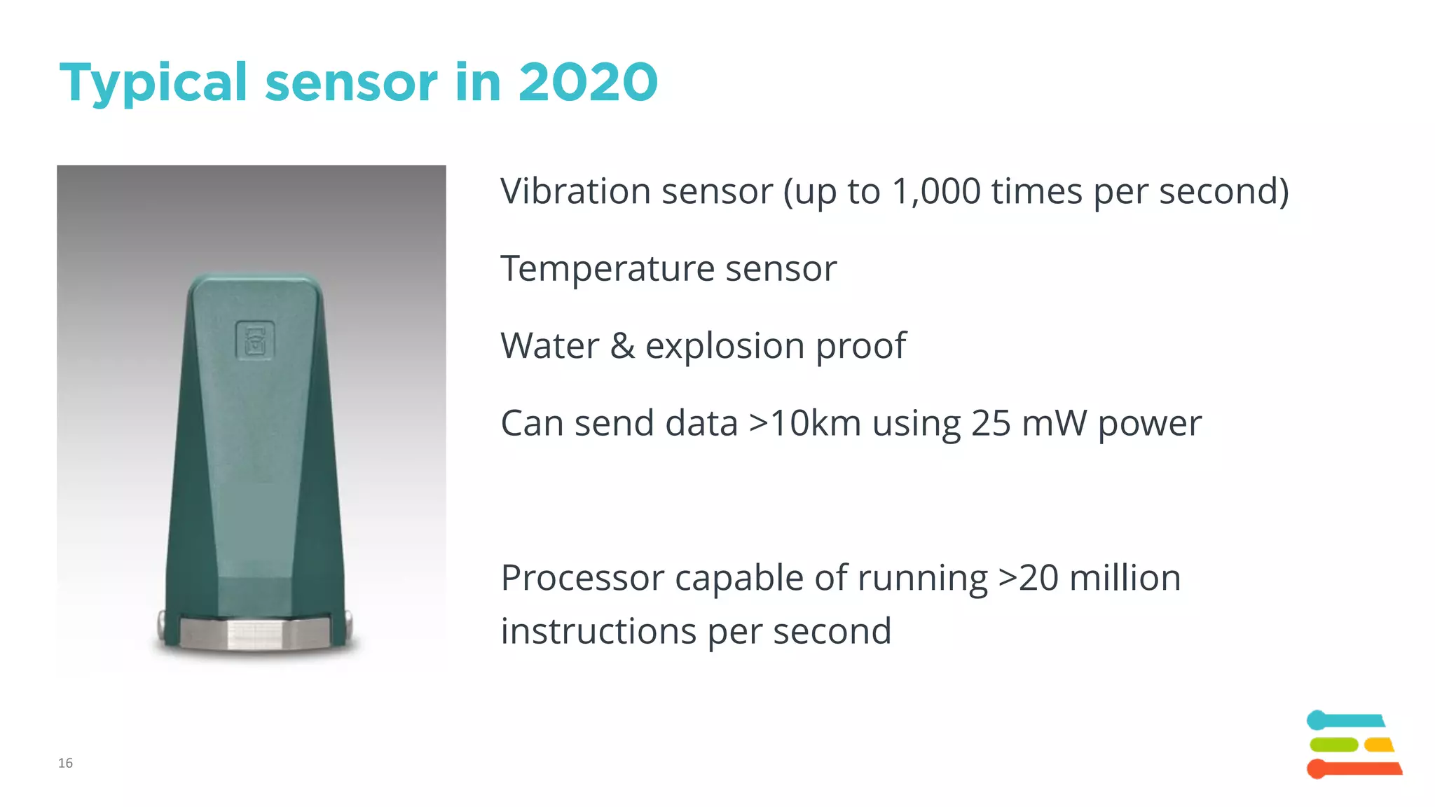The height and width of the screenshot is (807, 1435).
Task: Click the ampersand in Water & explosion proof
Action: (x=622, y=346)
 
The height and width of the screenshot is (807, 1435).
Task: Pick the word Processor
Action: (x=582, y=579)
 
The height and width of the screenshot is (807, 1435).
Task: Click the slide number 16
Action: (x=65, y=763)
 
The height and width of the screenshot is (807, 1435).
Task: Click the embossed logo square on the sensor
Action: (x=254, y=341)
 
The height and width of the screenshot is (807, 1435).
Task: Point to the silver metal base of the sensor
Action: (x=254, y=633)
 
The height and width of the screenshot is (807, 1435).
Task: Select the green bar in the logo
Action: (x=1333, y=745)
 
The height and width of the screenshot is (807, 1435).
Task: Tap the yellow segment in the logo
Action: (x=1379, y=745)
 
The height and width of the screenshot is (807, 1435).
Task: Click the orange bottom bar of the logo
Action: (x=1356, y=768)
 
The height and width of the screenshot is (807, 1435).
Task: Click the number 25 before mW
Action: (x=991, y=424)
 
